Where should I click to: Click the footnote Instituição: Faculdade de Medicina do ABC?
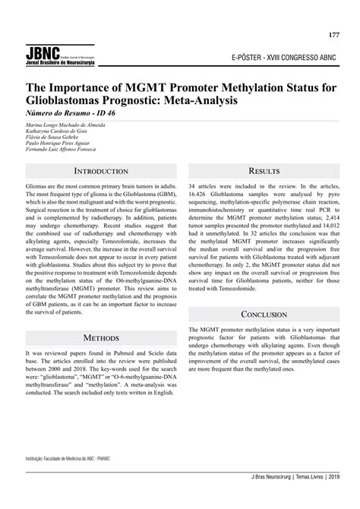click(x=66, y=459)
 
